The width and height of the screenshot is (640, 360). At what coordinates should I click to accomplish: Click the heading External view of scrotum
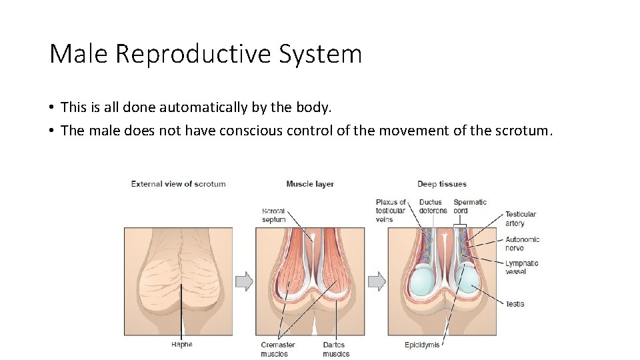pyautogui.click(x=178, y=184)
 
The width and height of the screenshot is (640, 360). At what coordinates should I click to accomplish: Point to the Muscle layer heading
pyautogui.click(x=310, y=184)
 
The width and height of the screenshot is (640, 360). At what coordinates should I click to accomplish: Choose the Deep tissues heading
pyautogui.click(x=442, y=184)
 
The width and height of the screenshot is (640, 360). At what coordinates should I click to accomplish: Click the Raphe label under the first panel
pyautogui.click(x=181, y=345)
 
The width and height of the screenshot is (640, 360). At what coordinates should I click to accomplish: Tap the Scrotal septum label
pyautogui.click(x=273, y=215)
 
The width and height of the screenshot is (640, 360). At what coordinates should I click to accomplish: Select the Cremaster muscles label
pyautogui.click(x=278, y=349)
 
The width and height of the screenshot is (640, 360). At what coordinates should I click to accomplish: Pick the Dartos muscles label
pyautogui.click(x=336, y=349)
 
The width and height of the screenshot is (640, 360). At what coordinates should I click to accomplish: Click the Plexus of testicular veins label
pyautogui.click(x=391, y=211)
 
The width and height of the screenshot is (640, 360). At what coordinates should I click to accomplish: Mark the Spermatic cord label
pyautogui.click(x=470, y=206)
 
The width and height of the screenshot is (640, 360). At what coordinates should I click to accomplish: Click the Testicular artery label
pyautogui.click(x=520, y=219)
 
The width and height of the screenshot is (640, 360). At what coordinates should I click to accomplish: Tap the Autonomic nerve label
pyautogui.click(x=522, y=243)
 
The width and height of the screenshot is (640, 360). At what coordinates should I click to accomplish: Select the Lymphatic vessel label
pyautogui.click(x=521, y=267)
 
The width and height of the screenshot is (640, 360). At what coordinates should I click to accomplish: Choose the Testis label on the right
pyautogui.click(x=515, y=304)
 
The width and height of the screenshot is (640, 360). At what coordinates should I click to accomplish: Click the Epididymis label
pyautogui.click(x=422, y=345)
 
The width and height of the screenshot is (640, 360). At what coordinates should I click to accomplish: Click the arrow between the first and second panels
pyautogui.click(x=245, y=281)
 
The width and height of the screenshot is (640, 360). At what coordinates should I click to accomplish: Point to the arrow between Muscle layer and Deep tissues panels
pyautogui.click(x=377, y=281)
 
